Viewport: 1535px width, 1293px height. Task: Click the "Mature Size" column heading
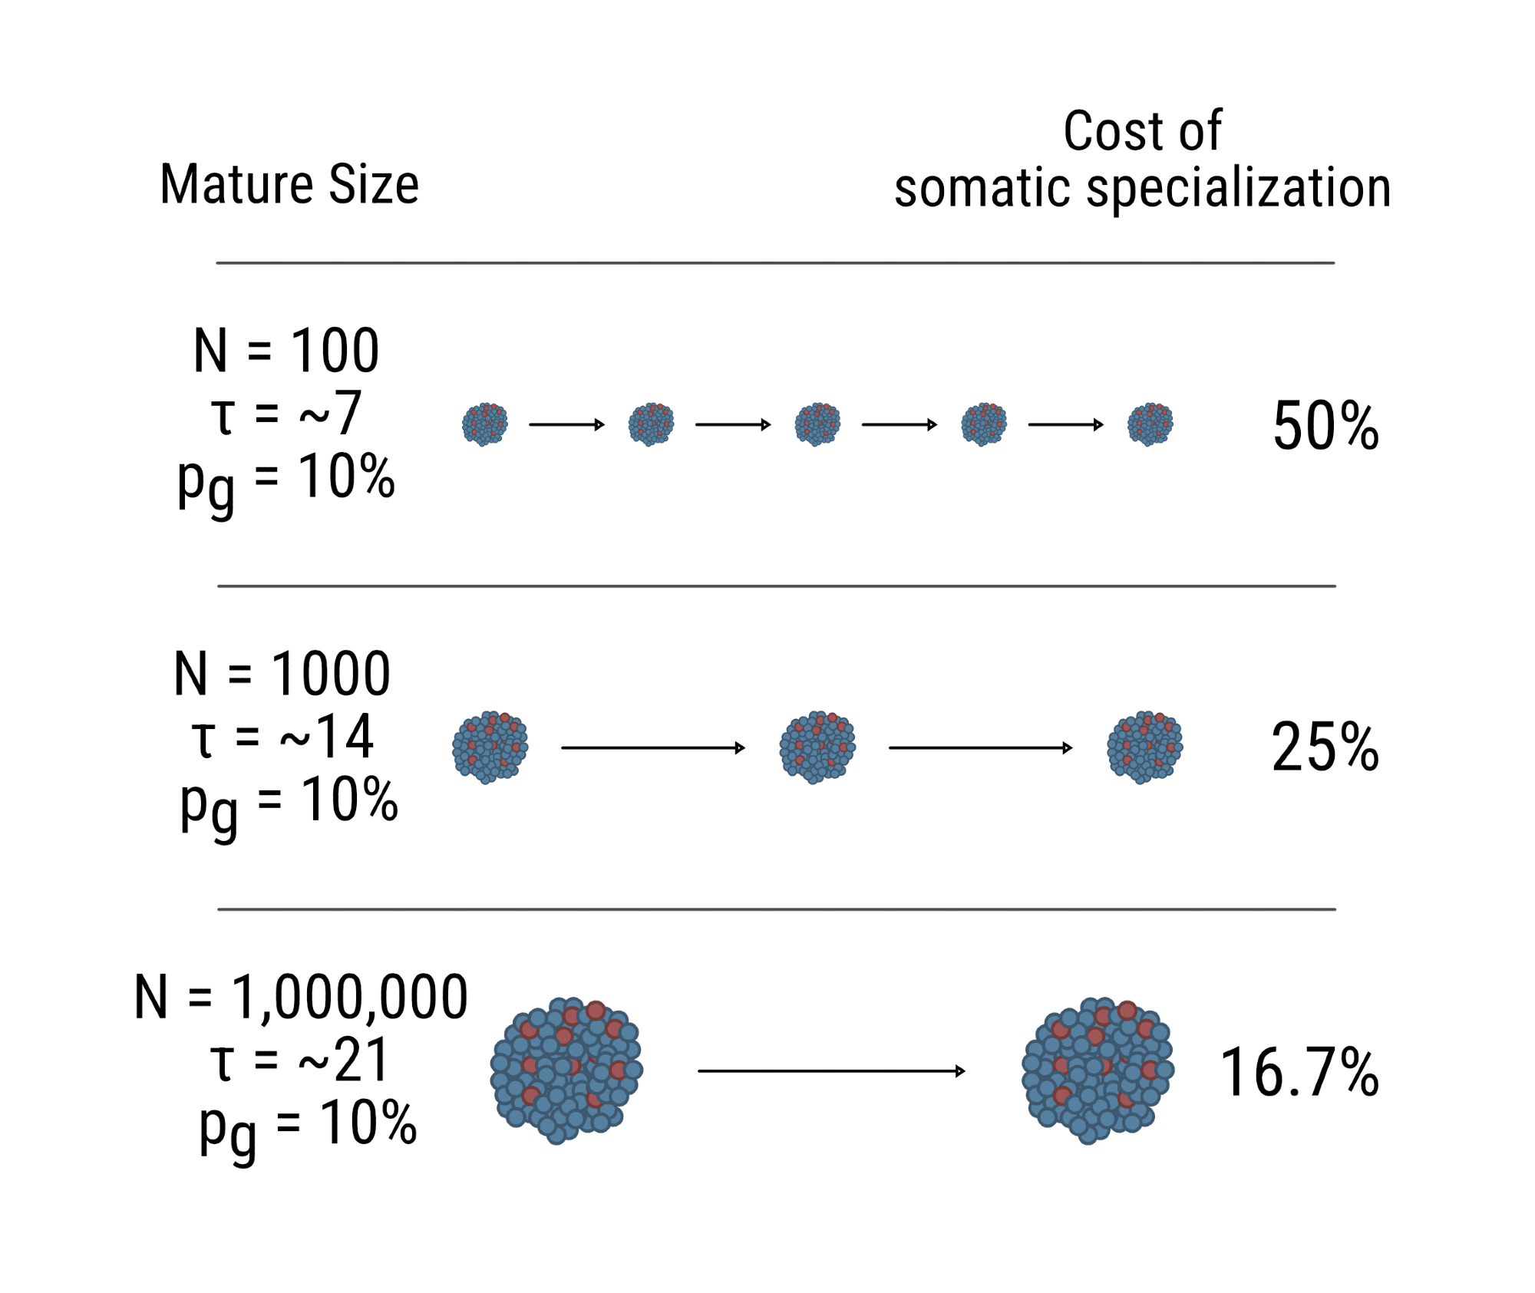click(x=289, y=185)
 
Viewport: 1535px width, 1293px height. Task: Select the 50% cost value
click(x=1325, y=426)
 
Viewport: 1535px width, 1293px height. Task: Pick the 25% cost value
click(x=1325, y=747)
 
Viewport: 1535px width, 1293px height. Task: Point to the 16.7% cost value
click(x=1299, y=1072)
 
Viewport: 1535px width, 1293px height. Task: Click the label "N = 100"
click(x=286, y=351)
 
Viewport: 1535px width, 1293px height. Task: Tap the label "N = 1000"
click(x=282, y=674)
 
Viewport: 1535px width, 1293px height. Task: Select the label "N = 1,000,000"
click(x=301, y=998)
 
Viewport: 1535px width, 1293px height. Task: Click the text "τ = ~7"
click(x=286, y=414)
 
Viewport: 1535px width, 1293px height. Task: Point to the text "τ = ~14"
click(x=282, y=737)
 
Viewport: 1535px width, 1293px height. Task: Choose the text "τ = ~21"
click(x=300, y=1060)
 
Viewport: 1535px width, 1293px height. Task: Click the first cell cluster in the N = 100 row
click(x=485, y=424)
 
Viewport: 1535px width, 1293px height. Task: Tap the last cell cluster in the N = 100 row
click(x=1150, y=424)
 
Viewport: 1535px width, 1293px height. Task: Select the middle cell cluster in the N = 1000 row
click(x=817, y=747)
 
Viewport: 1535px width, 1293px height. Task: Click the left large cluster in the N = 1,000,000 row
click(x=566, y=1070)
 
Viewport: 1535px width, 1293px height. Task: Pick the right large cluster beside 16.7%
click(x=1098, y=1070)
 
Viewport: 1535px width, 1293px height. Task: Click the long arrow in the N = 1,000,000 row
click(x=831, y=1071)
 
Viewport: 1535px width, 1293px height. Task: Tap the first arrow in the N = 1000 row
click(x=653, y=747)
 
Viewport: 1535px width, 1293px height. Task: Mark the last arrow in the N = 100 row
click(x=1065, y=424)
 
